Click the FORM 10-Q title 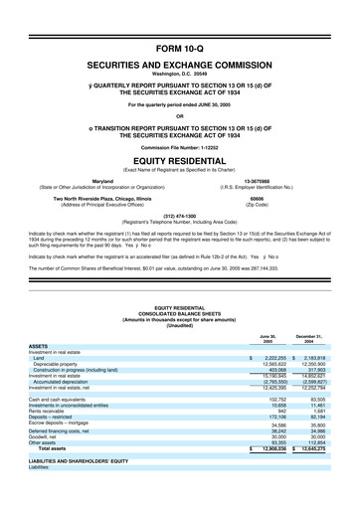click(x=180, y=48)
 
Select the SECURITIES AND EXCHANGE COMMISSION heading click(x=180, y=63)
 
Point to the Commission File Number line click(x=180, y=147)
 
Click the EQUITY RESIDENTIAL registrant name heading click(x=180, y=161)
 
